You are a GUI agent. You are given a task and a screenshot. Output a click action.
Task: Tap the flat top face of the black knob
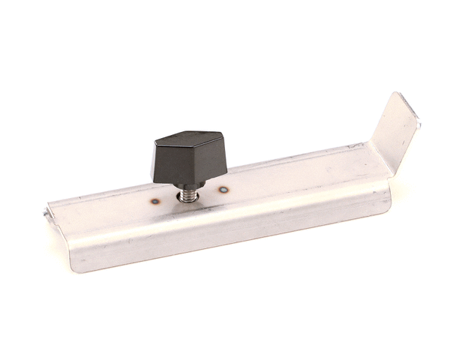188,142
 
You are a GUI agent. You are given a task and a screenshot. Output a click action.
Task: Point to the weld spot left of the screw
155,201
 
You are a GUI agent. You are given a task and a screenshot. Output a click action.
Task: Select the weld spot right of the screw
223,190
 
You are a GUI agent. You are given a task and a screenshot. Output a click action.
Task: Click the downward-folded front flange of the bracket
225,232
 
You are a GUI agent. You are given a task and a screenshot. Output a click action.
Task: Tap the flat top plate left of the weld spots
105,214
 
